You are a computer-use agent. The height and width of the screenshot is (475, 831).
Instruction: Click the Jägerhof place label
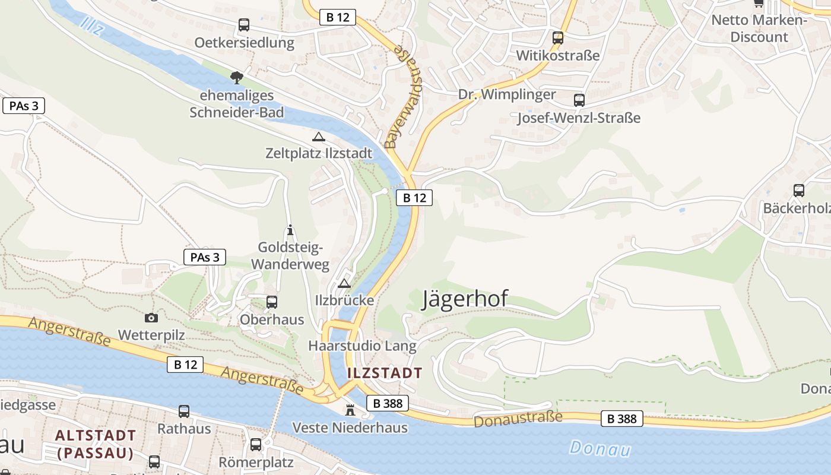[465, 299]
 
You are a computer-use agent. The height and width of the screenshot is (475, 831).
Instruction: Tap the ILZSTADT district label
[384, 373]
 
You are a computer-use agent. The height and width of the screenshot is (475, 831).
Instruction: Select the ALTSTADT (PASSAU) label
[95, 444]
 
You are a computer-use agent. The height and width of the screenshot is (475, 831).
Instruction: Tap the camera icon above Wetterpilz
[151, 318]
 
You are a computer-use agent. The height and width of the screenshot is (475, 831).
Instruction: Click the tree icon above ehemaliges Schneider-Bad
[237, 77]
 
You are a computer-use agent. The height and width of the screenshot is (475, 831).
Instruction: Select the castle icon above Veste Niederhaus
[350, 410]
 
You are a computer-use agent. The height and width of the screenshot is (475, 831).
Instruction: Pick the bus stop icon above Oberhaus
[272, 302]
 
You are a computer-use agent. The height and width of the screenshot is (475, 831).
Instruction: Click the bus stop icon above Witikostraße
[558, 38]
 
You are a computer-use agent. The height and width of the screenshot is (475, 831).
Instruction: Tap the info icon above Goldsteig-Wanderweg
[290, 230]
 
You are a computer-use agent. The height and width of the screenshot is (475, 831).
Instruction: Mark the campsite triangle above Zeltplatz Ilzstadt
[319, 137]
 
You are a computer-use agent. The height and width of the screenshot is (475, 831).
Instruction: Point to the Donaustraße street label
[518, 419]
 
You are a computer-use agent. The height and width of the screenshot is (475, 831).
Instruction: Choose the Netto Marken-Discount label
[759, 28]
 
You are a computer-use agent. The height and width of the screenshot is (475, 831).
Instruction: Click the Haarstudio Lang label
[362, 346]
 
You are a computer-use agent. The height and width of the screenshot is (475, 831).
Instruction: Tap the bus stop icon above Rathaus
[184, 411]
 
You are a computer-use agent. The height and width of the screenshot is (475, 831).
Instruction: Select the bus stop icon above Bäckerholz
[799, 191]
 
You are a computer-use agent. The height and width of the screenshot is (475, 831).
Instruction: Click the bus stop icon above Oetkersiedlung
[244, 25]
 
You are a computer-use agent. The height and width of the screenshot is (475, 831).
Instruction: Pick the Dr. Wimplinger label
[507, 94]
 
